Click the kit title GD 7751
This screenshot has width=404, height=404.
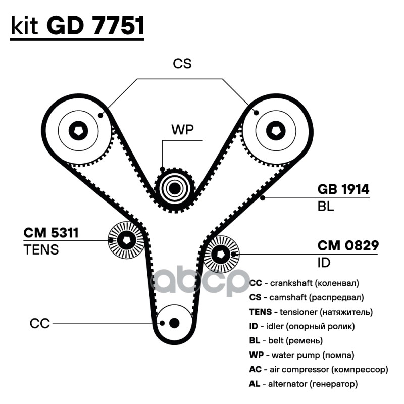[x=95, y=26]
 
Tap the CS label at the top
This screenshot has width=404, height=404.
[x=182, y=64]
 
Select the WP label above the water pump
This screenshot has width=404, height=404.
[x=182, y=130]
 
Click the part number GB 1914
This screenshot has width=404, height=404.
[x=343, y=189]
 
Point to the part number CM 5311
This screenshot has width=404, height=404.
[x=51, y=233]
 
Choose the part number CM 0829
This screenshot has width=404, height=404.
[x=348, y=245]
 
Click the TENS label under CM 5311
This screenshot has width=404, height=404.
[x=41, y=249]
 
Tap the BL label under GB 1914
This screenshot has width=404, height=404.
[x=326, y=206]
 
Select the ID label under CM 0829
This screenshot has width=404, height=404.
[x=324, y=263]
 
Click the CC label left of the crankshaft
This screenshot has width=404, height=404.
[x=40, y=323]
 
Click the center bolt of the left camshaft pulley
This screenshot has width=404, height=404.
[x=78, y=131]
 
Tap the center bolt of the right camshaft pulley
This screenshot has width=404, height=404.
[x=276, y=131]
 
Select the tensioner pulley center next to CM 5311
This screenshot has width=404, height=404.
[x=126, y=240]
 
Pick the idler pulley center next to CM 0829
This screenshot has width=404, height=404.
[x=221, y=255]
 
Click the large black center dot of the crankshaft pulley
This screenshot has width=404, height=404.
[x=174, y=323]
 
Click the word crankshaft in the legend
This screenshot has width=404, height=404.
[x=291, y=283]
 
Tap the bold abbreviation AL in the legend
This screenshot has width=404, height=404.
[x=255, y=384]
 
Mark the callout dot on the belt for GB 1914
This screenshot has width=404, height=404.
[x=263, y=198]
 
